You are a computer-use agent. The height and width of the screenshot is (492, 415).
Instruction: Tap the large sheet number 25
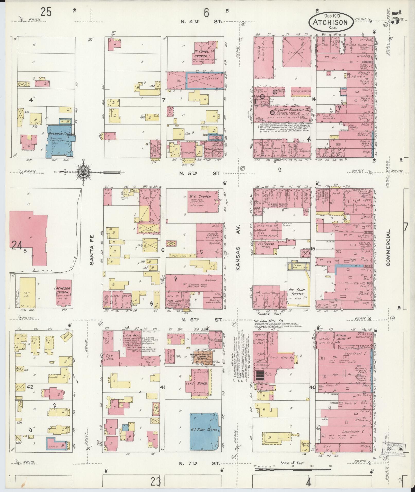click(x=46, y=12)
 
